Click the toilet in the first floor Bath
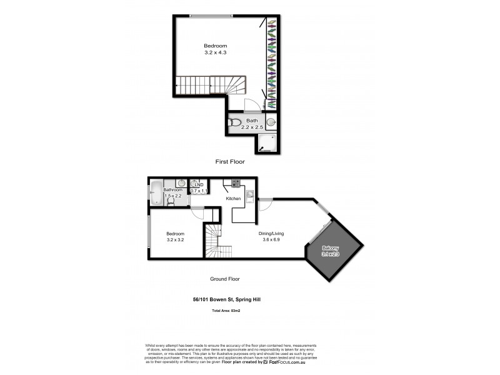[x=234, y=122]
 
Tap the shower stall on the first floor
[x=268, y=143]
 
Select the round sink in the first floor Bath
[x=272, y=122]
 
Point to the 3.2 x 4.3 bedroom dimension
[x=216, y=53]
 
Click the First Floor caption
[x=229, y=162]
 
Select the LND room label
[x=199, y=184]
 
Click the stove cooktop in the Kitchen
[x=236, y=183]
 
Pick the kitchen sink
[x=249, y=196]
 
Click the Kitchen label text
[x=234, y=198]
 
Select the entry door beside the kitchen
[x=264, y=206]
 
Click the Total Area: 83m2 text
[x=227, y=310]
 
